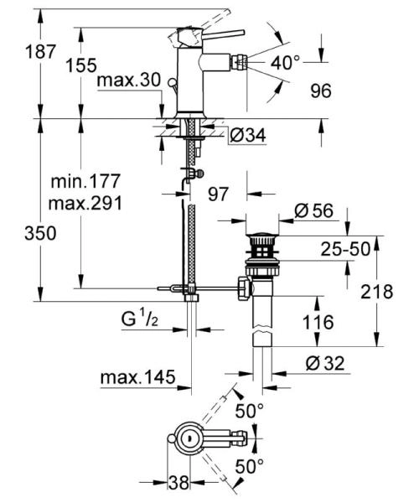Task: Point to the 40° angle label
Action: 286,63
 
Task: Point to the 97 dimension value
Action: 218,194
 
